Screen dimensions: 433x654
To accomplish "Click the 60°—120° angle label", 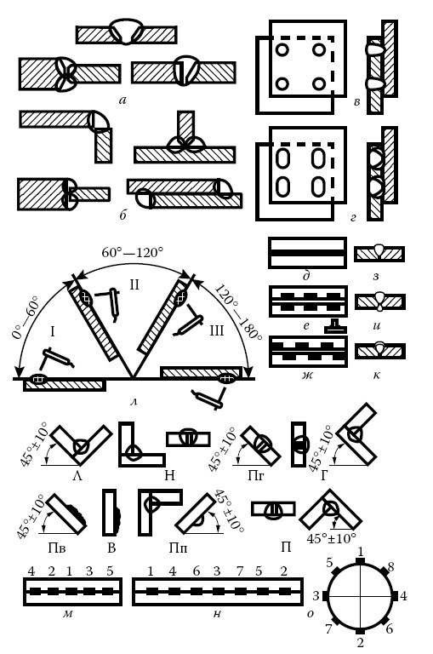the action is click(x=132, y=253).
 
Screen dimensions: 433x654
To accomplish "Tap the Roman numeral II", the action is click(x=134, y=285).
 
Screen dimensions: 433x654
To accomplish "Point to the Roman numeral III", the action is click(x=217, y=330).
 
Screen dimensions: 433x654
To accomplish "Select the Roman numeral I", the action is click(x=53, y=331).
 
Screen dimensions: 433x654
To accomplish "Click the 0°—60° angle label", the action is click(x=25, y=318).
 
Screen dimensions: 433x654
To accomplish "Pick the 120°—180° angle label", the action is click(x=237, y=312).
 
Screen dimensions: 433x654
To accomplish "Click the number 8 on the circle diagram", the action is click(x=391, y=567).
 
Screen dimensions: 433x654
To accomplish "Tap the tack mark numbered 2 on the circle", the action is click(x=361, y=630).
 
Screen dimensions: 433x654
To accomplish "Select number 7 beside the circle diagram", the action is click(x=329, y=628).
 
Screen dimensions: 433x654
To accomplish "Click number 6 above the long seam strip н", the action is click(x=197, y=571).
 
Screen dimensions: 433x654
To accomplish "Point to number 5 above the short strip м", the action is click(x=110, y=571).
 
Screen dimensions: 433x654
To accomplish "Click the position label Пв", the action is click(x=57, y=548).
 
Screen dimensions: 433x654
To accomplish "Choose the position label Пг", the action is click(x=256, y=475).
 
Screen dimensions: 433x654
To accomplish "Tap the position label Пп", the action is click(x=178, y=548).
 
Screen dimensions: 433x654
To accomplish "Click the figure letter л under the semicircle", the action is click(x=134, y=403).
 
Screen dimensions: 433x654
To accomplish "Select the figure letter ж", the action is click(x=308, y=376).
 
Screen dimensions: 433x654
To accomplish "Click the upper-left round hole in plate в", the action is click(x=282, y=50).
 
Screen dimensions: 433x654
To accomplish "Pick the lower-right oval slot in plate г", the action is click(x=318, y=186).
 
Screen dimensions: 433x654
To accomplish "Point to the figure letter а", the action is click(x=122, y=100).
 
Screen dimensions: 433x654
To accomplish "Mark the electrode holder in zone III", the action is click(x=188, y=322).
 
